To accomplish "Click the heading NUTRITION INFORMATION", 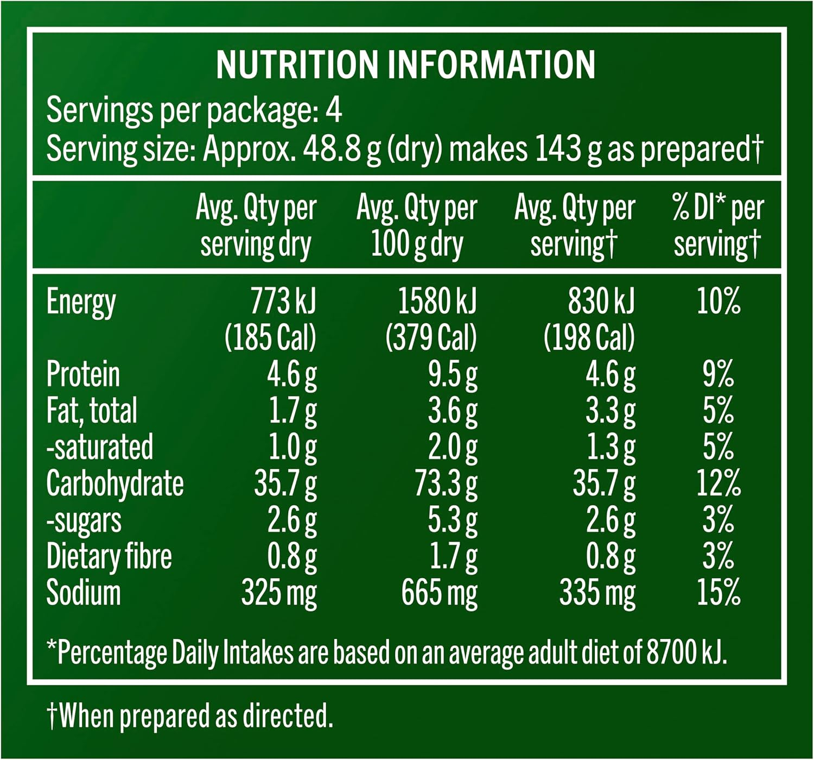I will [405, 65].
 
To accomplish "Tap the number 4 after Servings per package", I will [333, 110].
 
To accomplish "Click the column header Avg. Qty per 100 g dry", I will [416, 226].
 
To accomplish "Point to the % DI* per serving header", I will [717, 226].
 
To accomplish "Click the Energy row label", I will [81, 302].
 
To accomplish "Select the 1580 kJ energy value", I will [437, 302].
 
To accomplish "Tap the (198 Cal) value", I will [589, 337].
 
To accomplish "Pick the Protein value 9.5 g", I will [453, 375].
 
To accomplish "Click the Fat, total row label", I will [92, 411].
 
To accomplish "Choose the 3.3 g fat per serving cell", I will [610, 411].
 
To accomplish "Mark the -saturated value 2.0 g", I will [453, 448].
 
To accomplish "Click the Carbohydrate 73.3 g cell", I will [446, 484].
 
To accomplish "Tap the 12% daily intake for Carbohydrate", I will [718, 483].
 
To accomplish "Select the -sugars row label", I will [84, 520].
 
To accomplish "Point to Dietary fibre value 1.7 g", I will [453, 557].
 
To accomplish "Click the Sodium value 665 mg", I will [440, 593].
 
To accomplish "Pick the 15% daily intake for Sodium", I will [718, 592].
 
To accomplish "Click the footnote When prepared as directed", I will [190, 716].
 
